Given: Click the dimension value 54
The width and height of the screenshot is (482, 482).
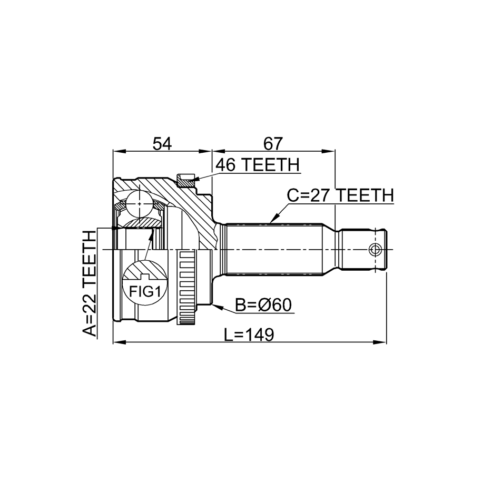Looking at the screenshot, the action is pos(162,144).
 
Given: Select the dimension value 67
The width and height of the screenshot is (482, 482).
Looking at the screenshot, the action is pos(273,144).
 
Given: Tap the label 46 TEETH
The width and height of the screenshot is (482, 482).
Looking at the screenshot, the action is pos(257,165).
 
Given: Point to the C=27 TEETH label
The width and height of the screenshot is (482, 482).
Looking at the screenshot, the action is pos(340,195).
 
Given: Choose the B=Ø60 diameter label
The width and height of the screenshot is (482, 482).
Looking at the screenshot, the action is pos(263,305).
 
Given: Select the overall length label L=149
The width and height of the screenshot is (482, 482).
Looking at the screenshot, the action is pos(249,335).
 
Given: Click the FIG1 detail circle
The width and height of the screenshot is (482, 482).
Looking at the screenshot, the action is pos(145,283).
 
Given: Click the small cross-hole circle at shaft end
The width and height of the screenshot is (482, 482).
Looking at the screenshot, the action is pos(375,249).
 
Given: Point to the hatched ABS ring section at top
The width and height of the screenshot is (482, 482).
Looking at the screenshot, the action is pos(185,180).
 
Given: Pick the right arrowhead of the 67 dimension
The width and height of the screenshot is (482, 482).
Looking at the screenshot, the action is pos(328,151).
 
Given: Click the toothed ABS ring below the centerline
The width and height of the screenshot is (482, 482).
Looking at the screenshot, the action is pos(186,288).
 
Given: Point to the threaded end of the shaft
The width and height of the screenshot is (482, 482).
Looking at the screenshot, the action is pos(363,249).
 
